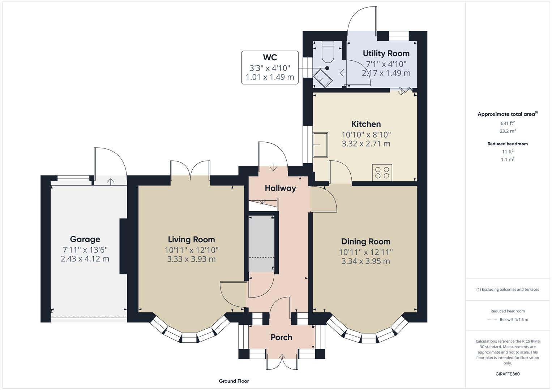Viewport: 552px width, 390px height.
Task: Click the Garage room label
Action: [85, 239]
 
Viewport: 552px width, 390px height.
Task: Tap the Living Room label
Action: [192, 239]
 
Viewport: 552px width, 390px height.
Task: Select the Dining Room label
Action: [366, 242]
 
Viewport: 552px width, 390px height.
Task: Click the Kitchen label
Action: [366, 124]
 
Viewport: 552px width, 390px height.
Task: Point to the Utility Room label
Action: [386, 53]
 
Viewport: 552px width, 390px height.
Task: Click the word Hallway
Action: [280, 188]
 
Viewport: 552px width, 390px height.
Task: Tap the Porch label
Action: [281, 337]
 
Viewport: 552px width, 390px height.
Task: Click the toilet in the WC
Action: [328, 52]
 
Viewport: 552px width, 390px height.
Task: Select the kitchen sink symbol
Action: [320, 145]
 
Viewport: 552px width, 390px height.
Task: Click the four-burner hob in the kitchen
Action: [382, 173]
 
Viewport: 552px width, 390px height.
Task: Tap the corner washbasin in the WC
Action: [322, 78]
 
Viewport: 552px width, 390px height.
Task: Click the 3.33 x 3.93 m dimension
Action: [192, 259]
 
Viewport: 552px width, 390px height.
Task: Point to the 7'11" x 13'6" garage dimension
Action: [85, 250]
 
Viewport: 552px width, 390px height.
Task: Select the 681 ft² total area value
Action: [508, 123]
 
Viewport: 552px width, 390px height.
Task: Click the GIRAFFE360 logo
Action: [508, 374]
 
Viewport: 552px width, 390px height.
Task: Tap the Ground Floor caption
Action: [234, 381]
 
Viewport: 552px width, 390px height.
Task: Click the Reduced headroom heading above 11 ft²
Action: [508, 144]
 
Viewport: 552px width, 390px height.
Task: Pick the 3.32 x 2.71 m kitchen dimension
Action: [366, 144]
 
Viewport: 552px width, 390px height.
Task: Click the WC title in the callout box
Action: [270, 57]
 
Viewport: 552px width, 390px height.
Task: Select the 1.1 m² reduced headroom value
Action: [508, 159]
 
